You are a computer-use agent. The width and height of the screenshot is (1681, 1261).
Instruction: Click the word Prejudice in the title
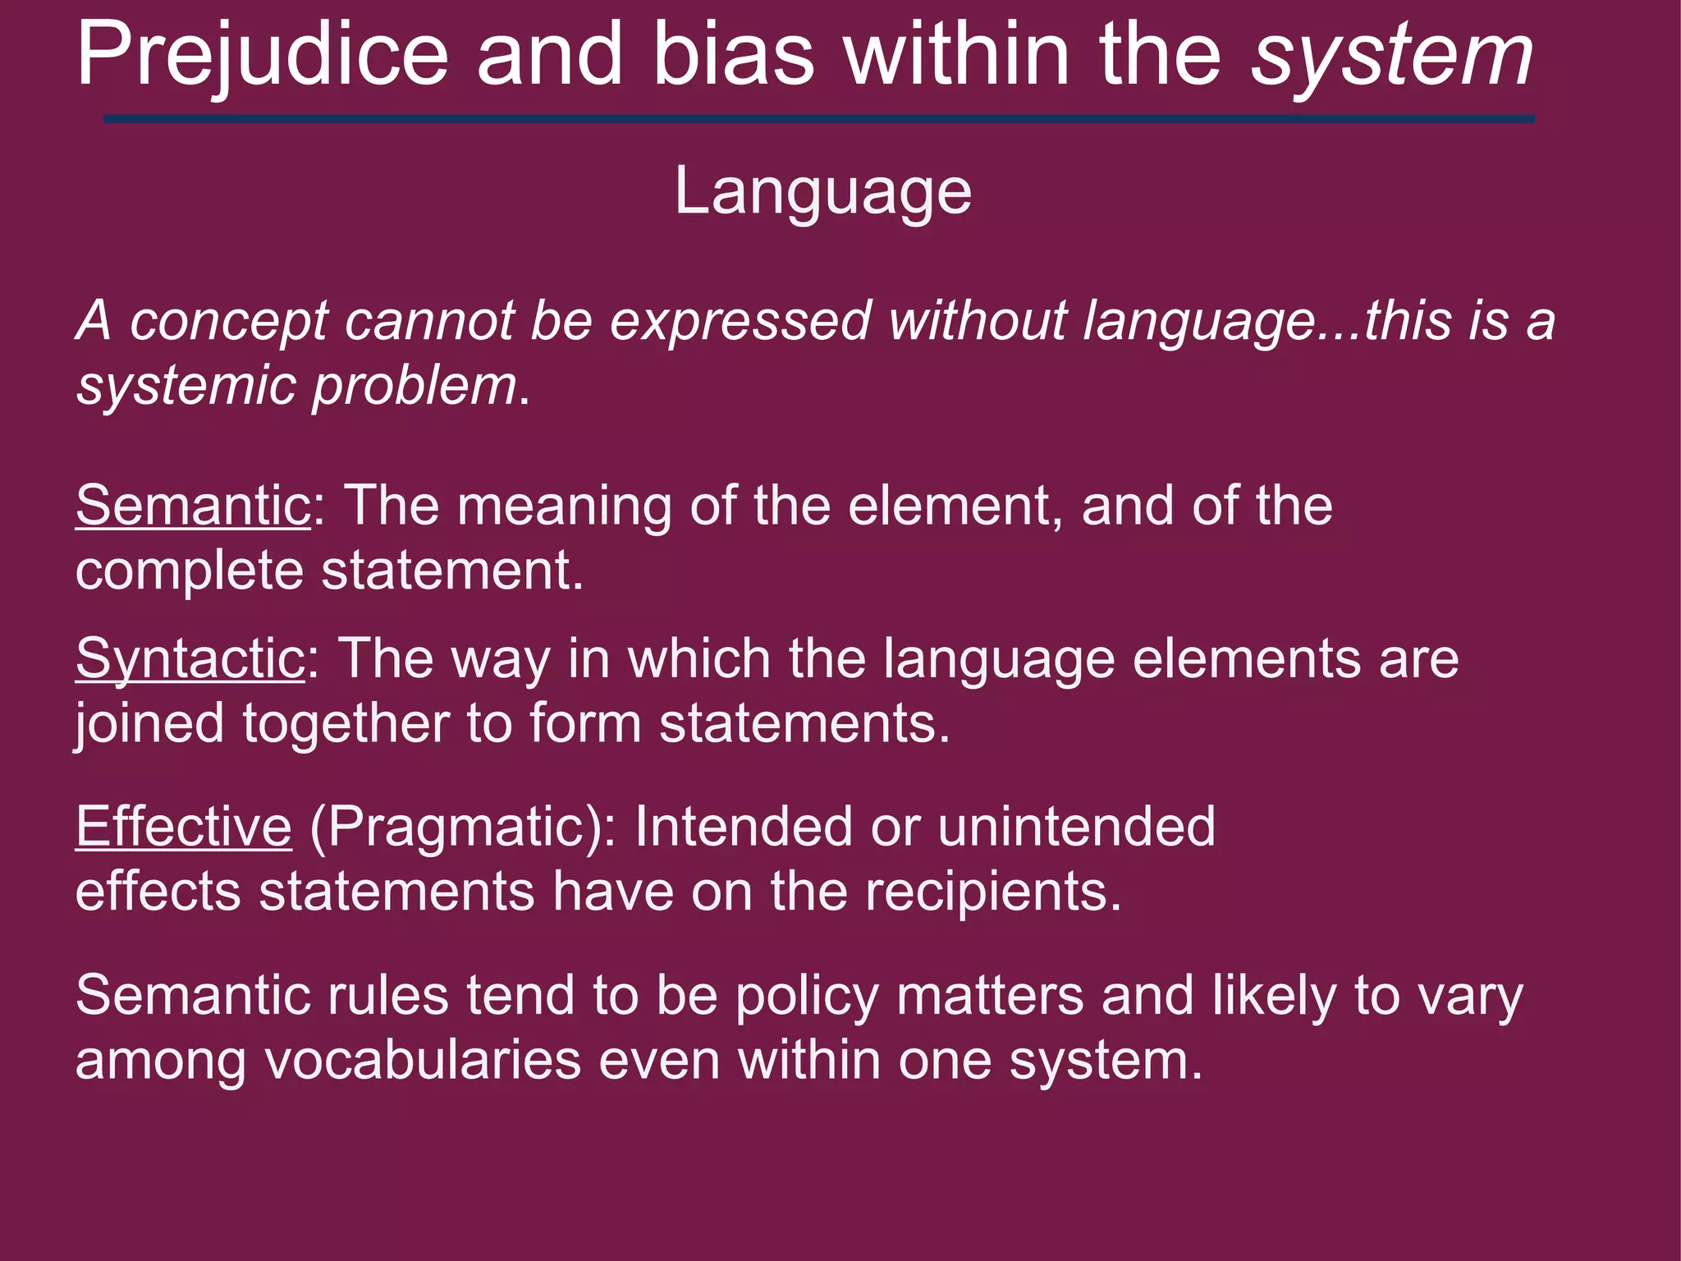pyautogui.click(x=263, y=56)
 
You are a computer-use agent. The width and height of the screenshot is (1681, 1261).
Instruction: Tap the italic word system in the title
pyautogui.click(x=1391, y=57)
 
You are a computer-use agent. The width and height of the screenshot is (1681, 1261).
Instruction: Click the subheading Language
pyautogui.click(x=822, y=192)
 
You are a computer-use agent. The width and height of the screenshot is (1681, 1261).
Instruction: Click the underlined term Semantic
pyautogui.click(x=193, y=506)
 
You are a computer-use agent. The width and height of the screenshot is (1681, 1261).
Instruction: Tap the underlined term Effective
pyautogui.click(x=184, y=827)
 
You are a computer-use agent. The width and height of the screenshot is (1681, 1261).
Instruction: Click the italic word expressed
pyautogui.click(x=740, y=321)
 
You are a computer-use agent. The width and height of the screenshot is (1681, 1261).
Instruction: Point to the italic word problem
pyautogui.click(x=415, y=386)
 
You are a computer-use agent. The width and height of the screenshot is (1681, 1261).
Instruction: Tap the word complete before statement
pyautogui.click(x=190, y=571)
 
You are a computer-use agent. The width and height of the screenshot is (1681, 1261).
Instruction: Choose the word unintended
pyautogui.click(x=1075, y=827)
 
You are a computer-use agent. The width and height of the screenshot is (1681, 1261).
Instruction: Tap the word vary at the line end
pyautogui.click(x=1470, y=997)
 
